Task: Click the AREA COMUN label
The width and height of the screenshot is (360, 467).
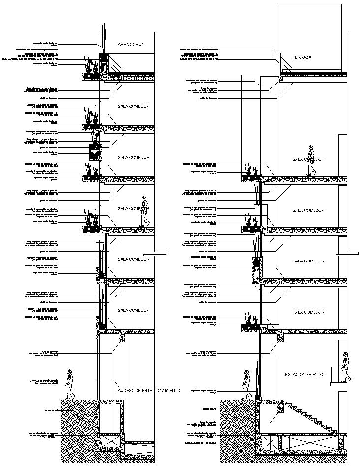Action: pos(131,45)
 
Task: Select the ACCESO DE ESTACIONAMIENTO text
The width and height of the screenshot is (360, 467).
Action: pos(148,391)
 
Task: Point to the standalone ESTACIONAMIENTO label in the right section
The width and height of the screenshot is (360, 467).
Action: pos(304,374)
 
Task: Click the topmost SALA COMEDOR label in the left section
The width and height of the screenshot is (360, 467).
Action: pos(133,106)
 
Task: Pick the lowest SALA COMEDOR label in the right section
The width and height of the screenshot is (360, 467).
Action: pos(307,312)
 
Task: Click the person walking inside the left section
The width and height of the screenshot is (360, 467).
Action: pos(144,212)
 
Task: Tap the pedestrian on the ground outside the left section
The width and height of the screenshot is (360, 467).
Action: pos(70,383)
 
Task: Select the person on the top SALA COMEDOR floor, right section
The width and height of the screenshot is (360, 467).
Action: pos(311,161)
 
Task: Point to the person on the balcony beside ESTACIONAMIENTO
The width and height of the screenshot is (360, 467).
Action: pos(345,367)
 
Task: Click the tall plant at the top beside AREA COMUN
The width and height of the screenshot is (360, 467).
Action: pos(104,37)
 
